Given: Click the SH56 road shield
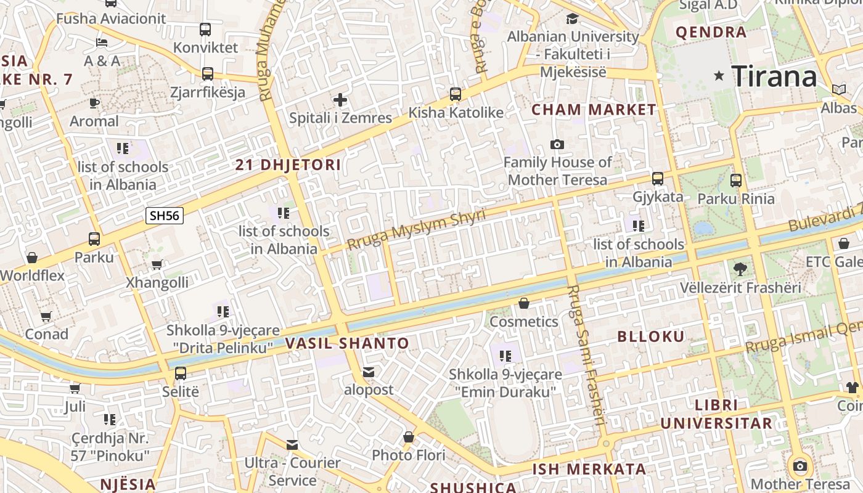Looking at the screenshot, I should [165, 215].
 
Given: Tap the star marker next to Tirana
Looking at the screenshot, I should [719, 76].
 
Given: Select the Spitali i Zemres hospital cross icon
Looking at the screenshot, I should [340, 99].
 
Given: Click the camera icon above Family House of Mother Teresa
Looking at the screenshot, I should [557, 144].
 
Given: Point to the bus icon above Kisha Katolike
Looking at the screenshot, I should [456, 94].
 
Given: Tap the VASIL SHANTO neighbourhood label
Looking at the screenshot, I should [348, 343].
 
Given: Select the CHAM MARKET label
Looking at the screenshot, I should [594, 110].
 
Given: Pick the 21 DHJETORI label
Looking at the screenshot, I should [288, 165].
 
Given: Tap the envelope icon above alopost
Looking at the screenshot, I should [369, 372].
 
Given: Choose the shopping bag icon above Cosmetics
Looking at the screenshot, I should [524, 303].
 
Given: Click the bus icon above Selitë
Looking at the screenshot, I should [181, 373].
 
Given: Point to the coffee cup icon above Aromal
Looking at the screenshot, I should [94, 103].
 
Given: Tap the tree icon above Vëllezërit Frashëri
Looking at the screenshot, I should [740, 269].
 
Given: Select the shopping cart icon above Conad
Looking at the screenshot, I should [46, 316].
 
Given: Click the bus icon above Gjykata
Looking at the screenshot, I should [658, 179].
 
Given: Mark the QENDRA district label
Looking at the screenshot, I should [711, 32].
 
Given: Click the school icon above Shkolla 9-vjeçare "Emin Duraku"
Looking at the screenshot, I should [505, 356].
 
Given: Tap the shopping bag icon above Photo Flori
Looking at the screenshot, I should [408, 437].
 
